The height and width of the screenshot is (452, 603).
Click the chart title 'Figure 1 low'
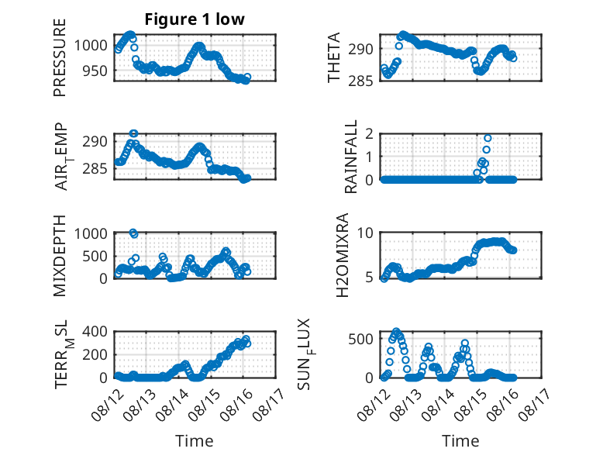195,19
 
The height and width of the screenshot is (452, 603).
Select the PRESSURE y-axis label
60,57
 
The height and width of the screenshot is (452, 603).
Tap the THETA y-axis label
334,57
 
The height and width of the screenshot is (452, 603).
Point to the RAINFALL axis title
351,157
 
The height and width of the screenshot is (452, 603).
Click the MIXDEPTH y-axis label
60,255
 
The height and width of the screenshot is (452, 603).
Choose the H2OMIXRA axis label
342,255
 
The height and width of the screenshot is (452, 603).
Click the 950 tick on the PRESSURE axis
95,71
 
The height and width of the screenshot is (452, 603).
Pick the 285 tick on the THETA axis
360,81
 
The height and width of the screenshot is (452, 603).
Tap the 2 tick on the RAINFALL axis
369,134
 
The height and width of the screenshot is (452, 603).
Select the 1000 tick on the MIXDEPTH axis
91,233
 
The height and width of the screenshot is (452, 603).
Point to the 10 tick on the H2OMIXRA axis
365,233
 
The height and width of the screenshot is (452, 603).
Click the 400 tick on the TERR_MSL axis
95,331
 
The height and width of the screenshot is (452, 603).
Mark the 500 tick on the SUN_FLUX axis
360,339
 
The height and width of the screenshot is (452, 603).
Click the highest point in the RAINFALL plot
488,138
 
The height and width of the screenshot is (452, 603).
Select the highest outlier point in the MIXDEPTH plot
133,233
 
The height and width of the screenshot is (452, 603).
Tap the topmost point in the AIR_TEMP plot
133,133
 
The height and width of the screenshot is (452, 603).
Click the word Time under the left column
195,440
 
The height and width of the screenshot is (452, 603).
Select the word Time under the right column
460,440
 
